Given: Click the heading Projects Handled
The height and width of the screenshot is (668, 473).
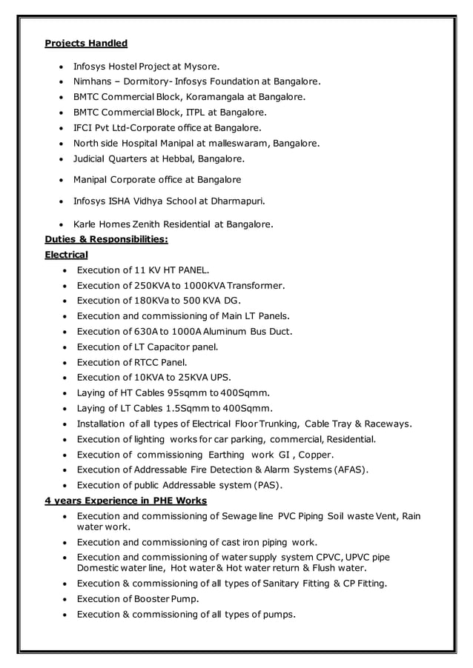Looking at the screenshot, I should tap(86, 43).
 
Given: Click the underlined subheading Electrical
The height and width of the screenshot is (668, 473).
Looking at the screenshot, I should tap(66, 254).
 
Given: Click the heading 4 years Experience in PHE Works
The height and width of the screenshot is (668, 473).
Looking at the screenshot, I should tap(125, 501).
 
